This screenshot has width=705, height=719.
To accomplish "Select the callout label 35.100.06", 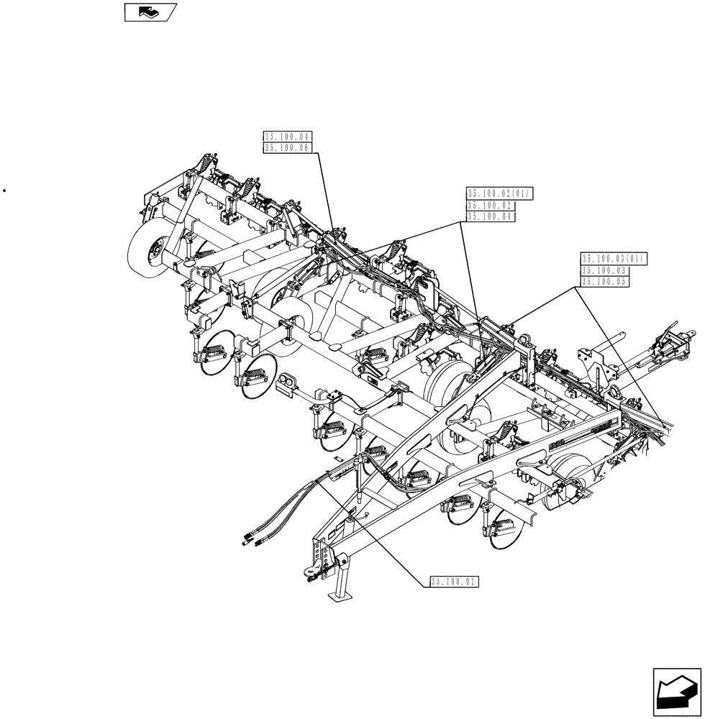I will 286,147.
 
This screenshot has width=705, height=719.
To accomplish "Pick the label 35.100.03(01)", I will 614,258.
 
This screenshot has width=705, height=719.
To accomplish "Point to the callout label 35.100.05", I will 604,283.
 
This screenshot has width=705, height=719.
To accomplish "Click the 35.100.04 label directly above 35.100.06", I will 286,136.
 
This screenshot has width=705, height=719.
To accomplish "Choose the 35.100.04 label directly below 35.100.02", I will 490,216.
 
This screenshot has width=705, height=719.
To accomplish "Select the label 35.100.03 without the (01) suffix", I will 604,270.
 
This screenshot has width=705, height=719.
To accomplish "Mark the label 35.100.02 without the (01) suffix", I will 490,205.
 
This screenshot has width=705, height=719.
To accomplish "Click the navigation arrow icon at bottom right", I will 676,691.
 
